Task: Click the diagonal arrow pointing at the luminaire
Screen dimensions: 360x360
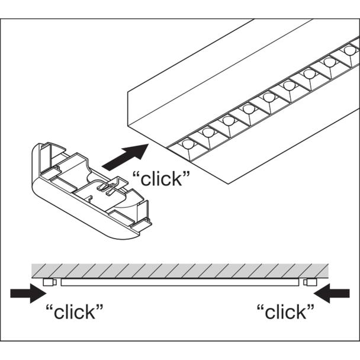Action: tap(125, 157)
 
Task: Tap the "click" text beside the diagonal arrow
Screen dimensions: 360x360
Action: tap(162, 179)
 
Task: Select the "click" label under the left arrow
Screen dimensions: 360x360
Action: tap(75, 311)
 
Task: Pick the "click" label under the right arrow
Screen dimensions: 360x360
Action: tap(285, 311)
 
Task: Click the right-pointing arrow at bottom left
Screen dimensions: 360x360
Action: tap(28, 293)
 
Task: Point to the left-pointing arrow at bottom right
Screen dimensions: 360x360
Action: tap(332, 293)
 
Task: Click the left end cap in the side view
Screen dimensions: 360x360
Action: tap(50, 282)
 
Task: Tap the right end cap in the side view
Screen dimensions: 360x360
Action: tap(310, 282)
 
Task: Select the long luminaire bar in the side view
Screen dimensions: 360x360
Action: tap(180, 282)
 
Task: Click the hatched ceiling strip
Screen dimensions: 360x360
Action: tap(180, 271)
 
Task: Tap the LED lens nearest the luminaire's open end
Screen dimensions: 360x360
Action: tap(188, 144)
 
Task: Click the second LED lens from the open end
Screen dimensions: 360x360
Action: tap(208, 132)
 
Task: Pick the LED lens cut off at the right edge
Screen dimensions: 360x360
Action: tap(350, 50)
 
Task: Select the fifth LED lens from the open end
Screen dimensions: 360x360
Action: tap(268, 97)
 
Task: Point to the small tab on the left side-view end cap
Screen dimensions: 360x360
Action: tap(55, 282)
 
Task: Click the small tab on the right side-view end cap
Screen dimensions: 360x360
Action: tap(305, 282)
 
